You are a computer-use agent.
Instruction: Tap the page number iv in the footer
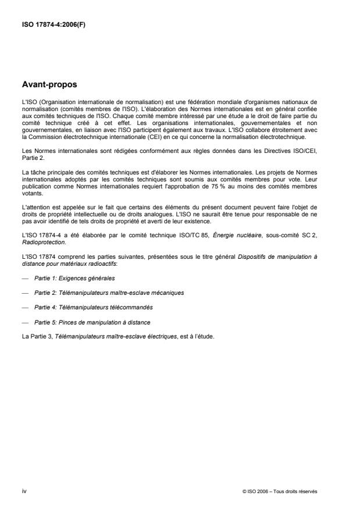tap(24, 491)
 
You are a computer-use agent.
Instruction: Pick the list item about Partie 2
tap(109, 293)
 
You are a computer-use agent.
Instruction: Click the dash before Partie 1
tap(24, 279)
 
